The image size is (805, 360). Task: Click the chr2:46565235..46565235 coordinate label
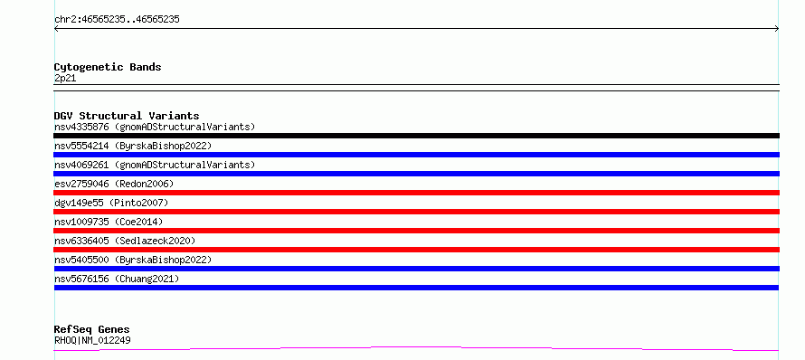(117, 20)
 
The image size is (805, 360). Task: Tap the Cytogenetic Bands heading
(108, 67)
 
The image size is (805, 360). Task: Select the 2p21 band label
(65, 79)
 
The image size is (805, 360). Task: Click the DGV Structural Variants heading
(127, 116)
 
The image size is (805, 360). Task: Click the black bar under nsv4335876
(416, 136)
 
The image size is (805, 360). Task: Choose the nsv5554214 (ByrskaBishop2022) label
(133, 146)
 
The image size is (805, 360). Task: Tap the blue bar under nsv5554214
(416, 155)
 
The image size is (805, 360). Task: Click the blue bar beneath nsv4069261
(416, 174)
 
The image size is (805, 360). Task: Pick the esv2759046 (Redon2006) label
(114, 184)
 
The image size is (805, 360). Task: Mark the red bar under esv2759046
(416, 193)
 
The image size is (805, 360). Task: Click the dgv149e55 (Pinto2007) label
(111, 203)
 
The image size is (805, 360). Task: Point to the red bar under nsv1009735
(416, 231)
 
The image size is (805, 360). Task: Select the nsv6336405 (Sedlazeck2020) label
(125, 241)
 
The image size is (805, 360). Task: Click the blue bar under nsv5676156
(416, 288)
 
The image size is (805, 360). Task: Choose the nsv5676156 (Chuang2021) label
(117, 279)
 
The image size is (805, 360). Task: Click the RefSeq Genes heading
(92, 329)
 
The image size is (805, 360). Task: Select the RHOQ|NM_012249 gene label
(92, 340)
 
